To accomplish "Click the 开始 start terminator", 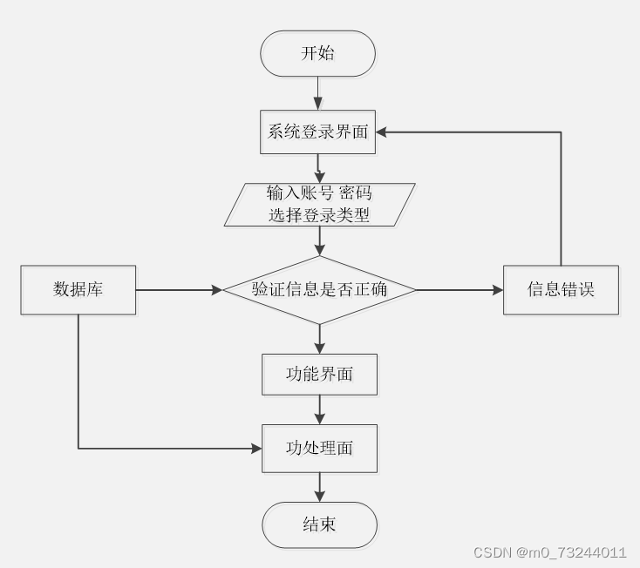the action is [318, 53].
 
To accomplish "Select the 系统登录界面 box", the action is [318, 132].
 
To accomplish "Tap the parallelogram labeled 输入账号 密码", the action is [320, 204].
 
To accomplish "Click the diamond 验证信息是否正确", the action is [320, 290].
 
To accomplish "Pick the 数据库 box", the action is [78, 290].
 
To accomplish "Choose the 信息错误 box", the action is [561, 290].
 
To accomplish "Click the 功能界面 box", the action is [320, 375].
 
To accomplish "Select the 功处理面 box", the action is [320, 449].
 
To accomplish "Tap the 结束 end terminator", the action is [320, 524].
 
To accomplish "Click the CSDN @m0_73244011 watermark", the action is [550, 552].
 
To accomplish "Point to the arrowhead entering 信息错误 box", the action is [499, 290].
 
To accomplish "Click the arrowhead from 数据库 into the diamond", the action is [218, 290].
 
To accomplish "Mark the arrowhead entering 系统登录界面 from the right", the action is [381, 132].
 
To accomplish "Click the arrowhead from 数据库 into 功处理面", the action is [256, 449].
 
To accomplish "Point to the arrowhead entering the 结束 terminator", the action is [320, 497].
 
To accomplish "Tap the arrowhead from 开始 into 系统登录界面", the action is [318, 105].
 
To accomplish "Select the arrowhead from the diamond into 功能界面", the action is [320, 348].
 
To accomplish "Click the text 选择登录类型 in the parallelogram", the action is [319, 215].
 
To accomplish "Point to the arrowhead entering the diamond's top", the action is [320, 250].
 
